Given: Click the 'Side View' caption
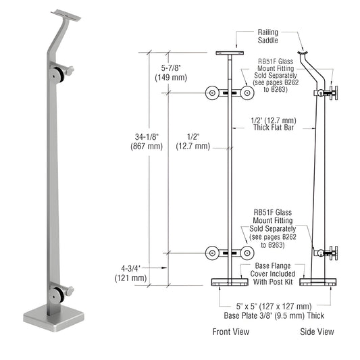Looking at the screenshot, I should pyautogui.click(x=316, y=332).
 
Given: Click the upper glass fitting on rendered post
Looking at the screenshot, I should pyautogui.click(x=63, y=72).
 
